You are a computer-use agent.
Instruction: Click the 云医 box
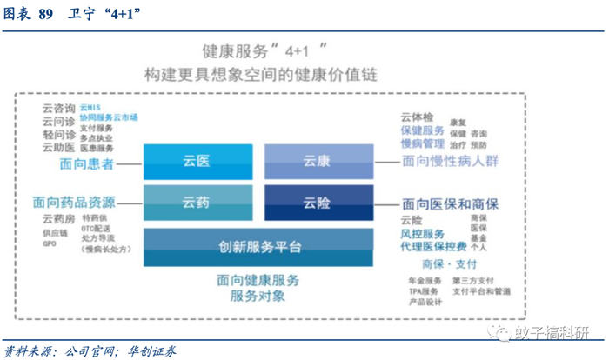pos(197,161)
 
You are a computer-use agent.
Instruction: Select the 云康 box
pos(318,161)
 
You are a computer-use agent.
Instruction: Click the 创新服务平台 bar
pos(259,247)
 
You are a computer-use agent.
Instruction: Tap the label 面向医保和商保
pos(450,203)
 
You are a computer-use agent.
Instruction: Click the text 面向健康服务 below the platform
pos(259,280)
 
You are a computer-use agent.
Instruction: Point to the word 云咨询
pos(57,107)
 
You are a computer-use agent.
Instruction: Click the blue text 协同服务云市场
pos(109,117)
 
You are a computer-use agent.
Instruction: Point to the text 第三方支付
pos(473,280)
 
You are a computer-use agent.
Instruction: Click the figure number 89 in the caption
pos(45,15)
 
